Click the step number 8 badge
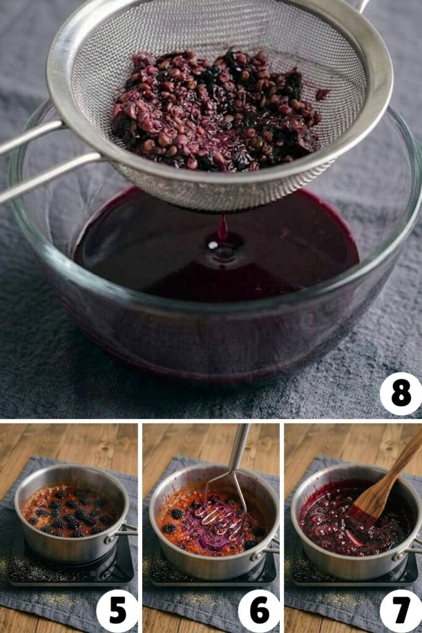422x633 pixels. point(401,394)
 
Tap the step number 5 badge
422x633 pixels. point(117,611)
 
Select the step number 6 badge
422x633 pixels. point(259,611)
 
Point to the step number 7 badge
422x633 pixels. point(401,611)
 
